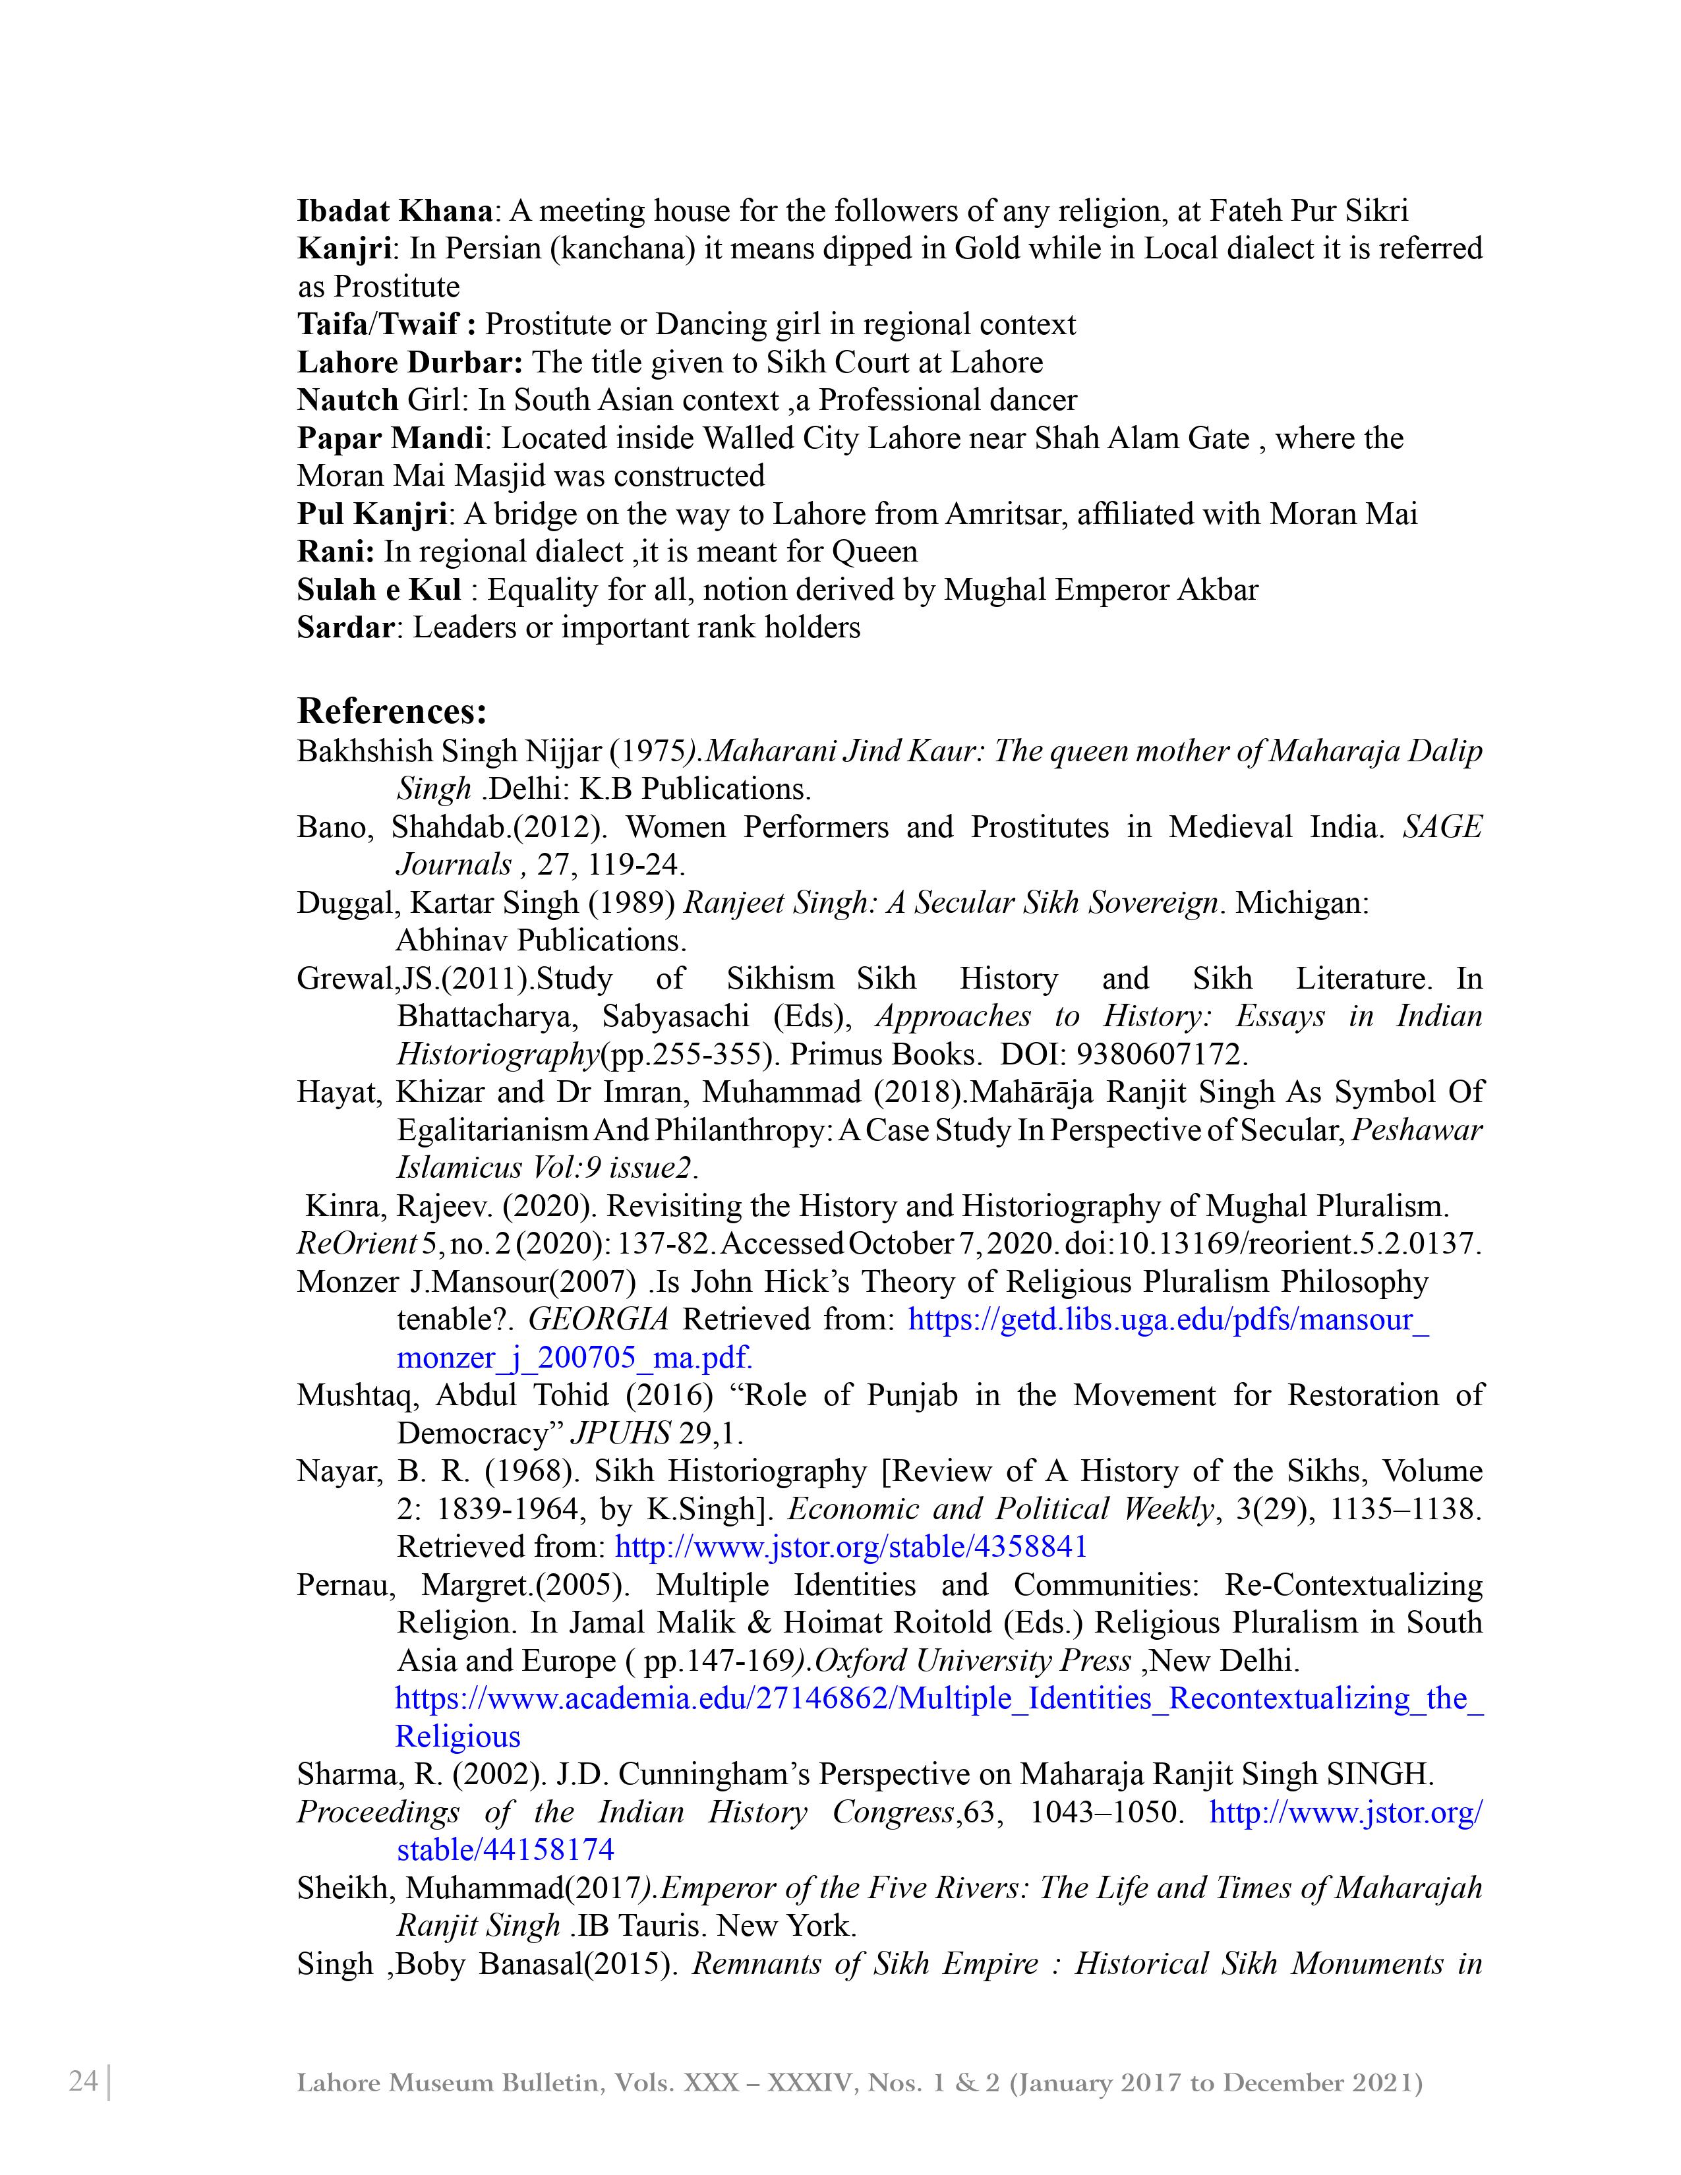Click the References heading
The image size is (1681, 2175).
[392, 711]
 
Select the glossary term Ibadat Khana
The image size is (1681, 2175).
[394, 211]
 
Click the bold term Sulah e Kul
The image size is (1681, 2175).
[378, 591]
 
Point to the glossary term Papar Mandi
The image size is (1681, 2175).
[390, 438]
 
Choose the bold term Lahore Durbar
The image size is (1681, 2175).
[409, 362]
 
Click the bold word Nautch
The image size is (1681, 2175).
[347, 400]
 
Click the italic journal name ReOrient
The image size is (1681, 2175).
[355, 1244]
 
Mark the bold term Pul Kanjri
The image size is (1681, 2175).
[371, 515]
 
